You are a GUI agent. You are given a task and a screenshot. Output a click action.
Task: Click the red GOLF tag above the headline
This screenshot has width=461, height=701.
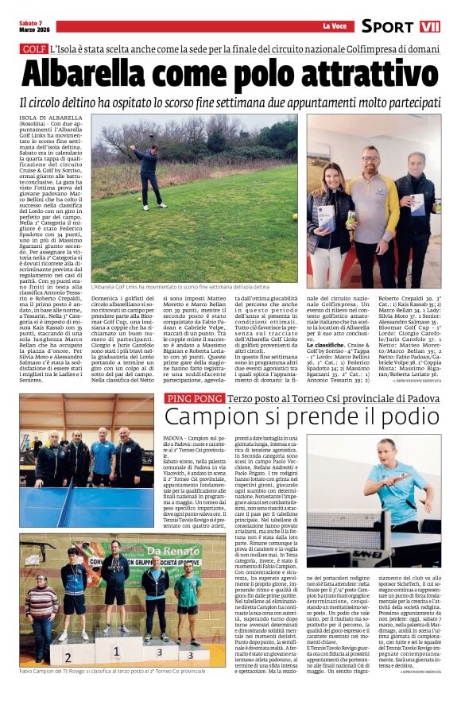(33, 49)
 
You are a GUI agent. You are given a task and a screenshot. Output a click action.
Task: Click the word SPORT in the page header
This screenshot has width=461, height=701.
(387, 26)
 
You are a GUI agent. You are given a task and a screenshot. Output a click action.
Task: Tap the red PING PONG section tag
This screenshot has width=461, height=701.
(193, 397)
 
